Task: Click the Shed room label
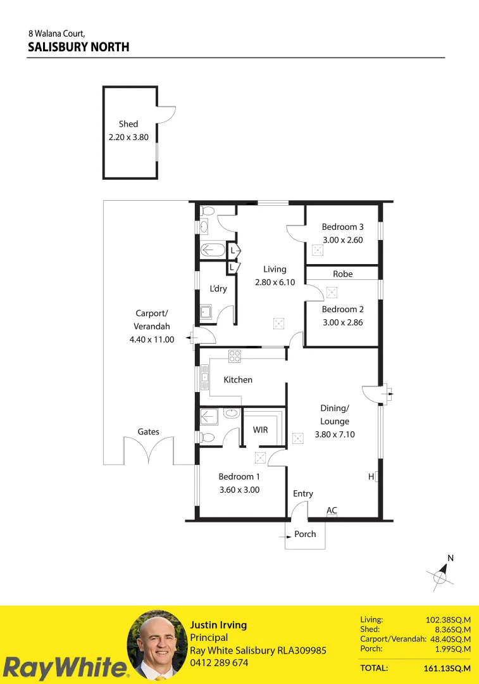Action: coord(128,124)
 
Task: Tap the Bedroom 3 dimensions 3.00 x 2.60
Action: coord(342,240)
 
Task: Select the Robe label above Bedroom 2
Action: coord(342,274)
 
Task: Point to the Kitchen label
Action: coord(238,380)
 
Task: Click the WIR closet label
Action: coord(260,430)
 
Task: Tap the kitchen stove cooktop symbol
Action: coord(235,356)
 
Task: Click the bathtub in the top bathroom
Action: coord(212,251)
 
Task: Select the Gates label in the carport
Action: coord(149,432)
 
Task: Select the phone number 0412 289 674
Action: coord(219,663)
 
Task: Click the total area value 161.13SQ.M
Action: coord(447,668)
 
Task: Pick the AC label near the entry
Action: coord(332,510)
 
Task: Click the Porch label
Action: coord(305,534)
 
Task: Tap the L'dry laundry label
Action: coord(218,289)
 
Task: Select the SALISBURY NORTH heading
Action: coord(78,47)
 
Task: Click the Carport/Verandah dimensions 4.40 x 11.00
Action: coord(151,339)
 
